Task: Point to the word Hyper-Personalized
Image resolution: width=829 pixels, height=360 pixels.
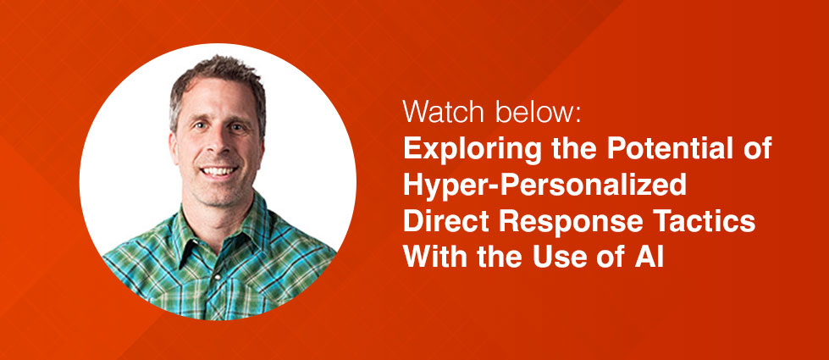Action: point(544,186)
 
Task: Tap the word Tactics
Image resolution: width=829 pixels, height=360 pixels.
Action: point(708,222)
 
